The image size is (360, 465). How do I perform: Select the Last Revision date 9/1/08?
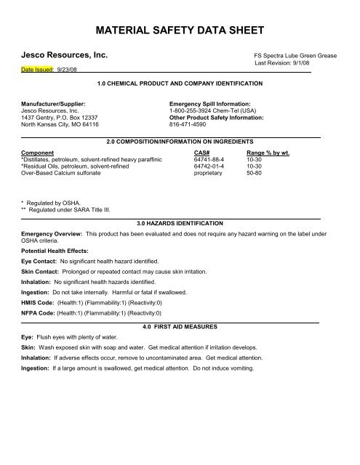click(x=311, y=63)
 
